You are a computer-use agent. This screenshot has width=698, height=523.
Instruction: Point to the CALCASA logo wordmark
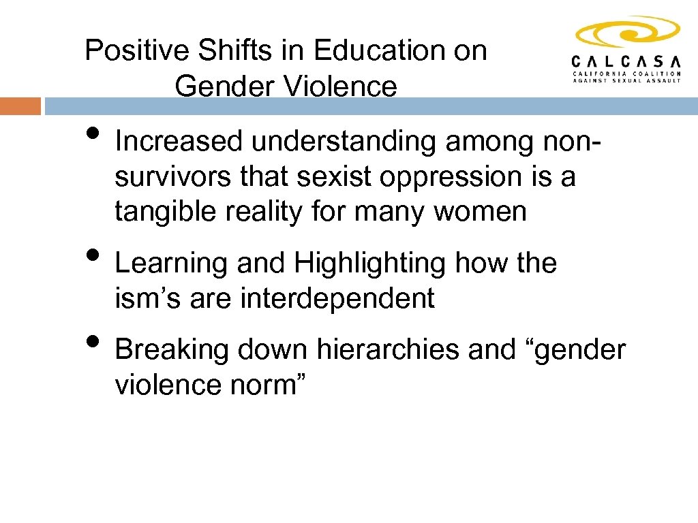coord(626,60)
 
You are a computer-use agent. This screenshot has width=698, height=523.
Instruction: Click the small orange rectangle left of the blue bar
coord(20,106)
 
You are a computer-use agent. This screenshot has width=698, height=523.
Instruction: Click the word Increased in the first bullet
coord(179,142)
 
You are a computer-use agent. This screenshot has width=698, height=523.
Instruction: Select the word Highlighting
coord(371,263)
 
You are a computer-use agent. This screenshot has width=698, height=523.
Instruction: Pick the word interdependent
coord(337,298)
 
